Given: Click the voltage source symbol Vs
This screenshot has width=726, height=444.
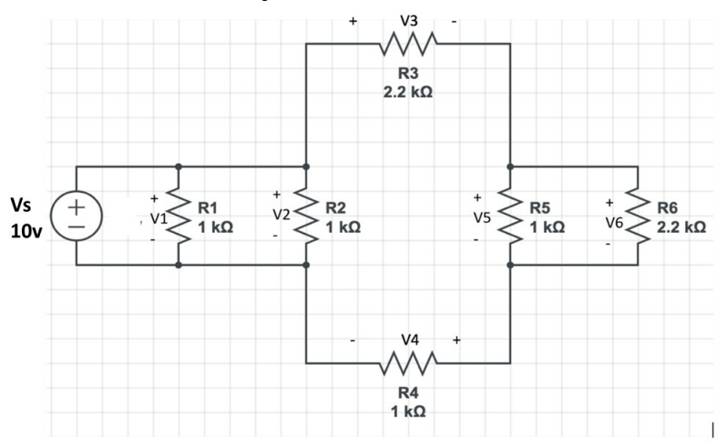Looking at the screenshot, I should click(77, 216).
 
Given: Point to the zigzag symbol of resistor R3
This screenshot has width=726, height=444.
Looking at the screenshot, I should click(408, 43).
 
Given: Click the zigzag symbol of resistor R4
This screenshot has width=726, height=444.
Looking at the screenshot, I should click(408, 363).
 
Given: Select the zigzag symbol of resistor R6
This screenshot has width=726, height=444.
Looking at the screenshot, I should click(638, 217).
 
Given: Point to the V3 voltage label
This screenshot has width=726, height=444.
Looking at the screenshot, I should click(408, 17).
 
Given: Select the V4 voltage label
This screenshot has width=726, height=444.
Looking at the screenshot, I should click(409, 340).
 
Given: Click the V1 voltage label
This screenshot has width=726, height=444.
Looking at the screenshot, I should click(158, 218).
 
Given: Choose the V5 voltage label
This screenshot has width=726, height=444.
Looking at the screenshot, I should click(480, 218).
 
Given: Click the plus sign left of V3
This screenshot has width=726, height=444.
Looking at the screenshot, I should click(353, 17).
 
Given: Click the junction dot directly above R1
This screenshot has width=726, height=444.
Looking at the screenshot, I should click(179, 166).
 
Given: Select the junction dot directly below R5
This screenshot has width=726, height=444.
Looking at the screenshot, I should click(510, 265).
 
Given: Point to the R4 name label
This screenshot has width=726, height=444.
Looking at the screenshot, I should click(408, 393).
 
